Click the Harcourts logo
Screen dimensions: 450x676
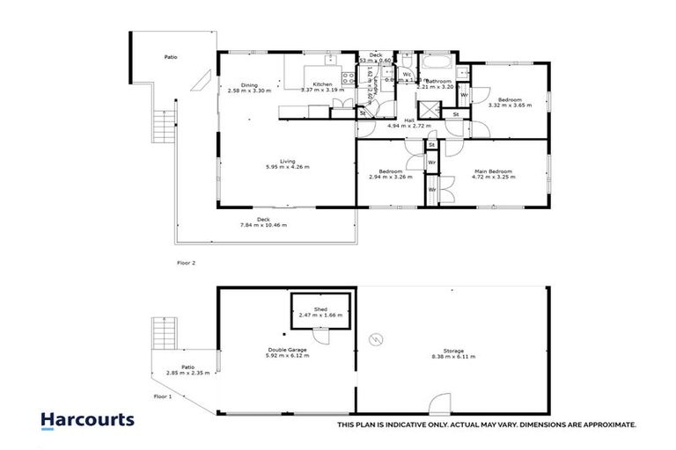[x=87, y=419]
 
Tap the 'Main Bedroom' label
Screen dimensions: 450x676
[x=494, y=171]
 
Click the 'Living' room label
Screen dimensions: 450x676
[x=287, y=161]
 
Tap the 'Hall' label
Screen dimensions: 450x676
[x=409, y=120]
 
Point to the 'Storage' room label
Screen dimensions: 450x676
[x=453, y=351]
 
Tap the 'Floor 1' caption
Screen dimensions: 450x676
[x=163, y=397]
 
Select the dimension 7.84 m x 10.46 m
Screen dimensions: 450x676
[x=263, y=226]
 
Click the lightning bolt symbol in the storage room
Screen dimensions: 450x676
[x=377, y=338]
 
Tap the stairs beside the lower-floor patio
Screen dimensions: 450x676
[x=165, y=333]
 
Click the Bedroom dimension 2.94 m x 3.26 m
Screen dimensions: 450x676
[x=391, y=177]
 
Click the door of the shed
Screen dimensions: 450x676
[x=322, y=336]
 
